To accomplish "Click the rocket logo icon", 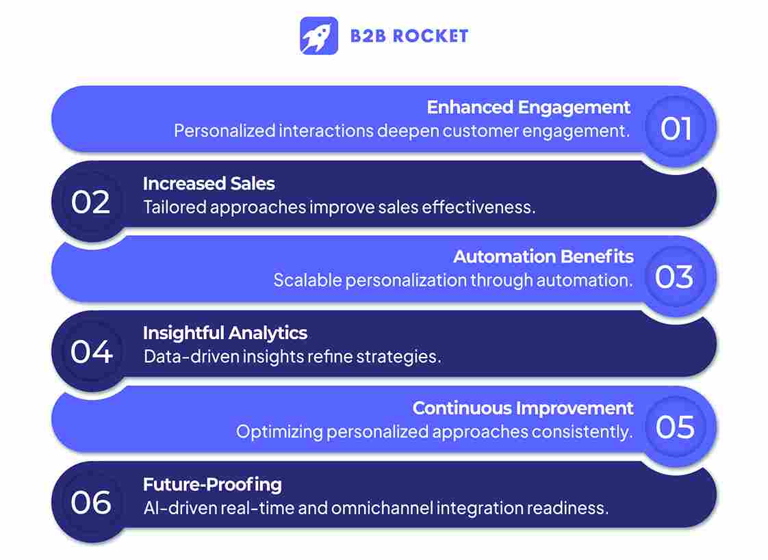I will coord(319,36).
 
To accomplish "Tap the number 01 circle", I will coord(676,129).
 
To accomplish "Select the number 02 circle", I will coord(91,202).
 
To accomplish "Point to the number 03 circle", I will coord(674,277).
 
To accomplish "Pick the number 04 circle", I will coord(91,352).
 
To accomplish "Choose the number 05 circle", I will coord(675,427).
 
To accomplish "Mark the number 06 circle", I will coord(91,503).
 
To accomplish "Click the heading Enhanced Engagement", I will coord(528,107).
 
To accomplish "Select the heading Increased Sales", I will coord(209,183).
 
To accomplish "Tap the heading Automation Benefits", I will coord(543,257).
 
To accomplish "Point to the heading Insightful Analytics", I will coord(225,333).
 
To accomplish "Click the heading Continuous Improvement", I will coord(523,408).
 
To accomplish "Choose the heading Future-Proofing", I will coord(212,485).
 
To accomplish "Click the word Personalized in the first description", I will coord(224,131).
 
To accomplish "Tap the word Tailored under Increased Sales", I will coord(175,206).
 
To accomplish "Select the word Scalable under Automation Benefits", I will coord(307,280).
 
